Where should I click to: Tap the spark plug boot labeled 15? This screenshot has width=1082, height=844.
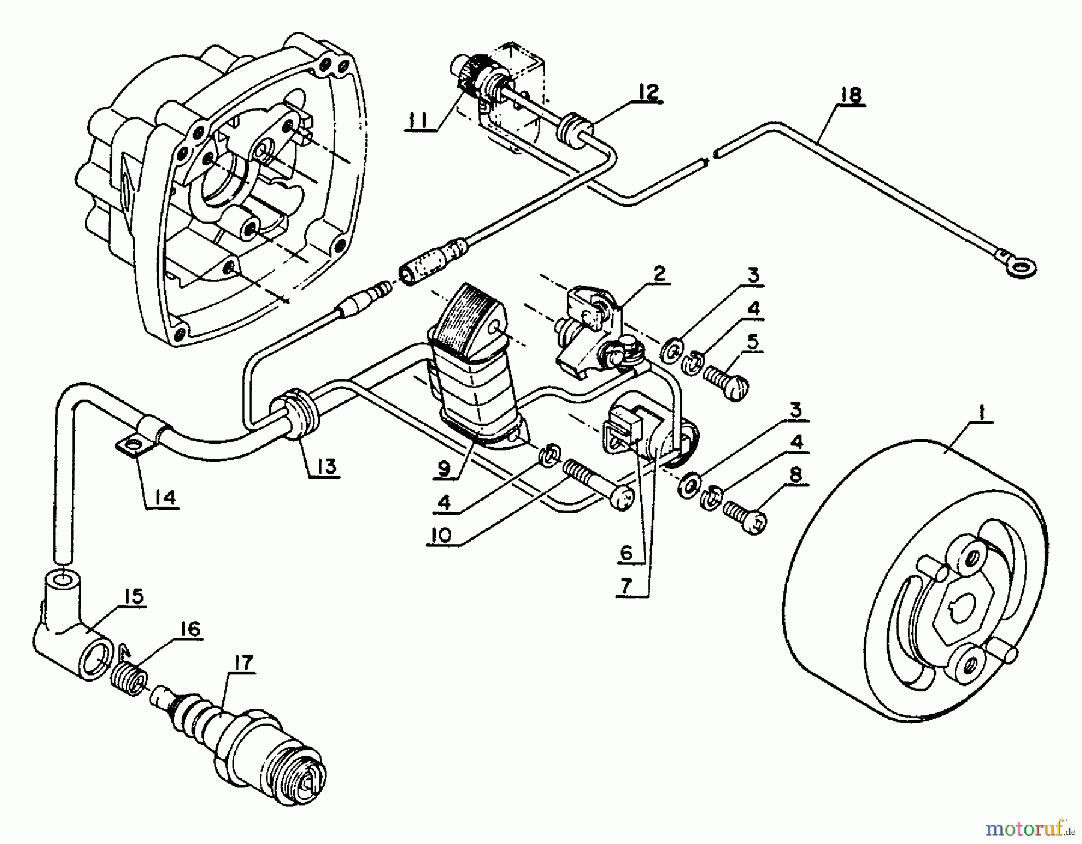click(x=72, y=640)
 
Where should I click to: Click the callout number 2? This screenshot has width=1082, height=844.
click(x=659, y=274)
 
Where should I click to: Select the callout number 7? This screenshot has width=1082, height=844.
click(x=626, y=588)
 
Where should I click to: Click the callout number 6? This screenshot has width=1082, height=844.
click(x=626, y=551)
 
